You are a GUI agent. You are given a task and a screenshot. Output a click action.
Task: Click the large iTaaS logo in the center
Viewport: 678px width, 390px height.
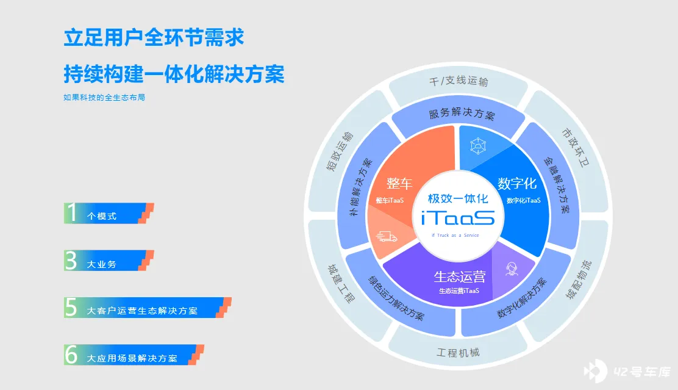(x=458, y=218)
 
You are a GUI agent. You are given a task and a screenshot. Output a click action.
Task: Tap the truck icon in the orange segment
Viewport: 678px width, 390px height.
(x=387, y=236)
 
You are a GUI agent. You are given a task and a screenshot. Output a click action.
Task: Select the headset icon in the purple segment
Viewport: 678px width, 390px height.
(x=512, y=269)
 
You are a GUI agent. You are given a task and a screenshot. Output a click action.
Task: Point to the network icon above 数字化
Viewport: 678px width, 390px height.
(x=478, y=146)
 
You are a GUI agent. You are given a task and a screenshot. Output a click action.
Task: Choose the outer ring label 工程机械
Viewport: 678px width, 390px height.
(x=458, y=353)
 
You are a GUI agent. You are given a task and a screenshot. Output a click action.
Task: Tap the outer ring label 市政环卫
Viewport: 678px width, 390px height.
(x=576, y=148)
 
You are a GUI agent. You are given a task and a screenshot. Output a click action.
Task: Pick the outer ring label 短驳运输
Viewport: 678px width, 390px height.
(x=340, y=151)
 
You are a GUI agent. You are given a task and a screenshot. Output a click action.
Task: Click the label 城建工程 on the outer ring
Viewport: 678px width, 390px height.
(x=341, y=284)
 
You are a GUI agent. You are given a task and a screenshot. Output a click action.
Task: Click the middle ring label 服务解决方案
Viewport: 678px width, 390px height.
(x=462, y=114)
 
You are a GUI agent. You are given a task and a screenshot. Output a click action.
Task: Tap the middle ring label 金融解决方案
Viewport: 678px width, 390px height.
(x=557, y=186)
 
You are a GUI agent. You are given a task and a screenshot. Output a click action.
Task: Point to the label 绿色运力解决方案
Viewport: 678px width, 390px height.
(x=396, y=298)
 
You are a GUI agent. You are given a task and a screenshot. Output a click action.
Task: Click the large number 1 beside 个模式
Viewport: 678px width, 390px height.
(x=72, y=213)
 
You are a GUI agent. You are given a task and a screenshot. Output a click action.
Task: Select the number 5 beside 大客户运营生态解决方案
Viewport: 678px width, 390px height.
(x=71, y=308)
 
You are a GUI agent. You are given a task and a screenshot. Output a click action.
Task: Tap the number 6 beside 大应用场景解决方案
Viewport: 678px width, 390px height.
(x=71, y=355)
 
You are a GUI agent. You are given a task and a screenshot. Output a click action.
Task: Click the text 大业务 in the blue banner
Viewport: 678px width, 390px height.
(x=102, y=264)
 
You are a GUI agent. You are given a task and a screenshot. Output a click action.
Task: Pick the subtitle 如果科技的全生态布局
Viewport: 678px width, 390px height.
(x=104, y=98)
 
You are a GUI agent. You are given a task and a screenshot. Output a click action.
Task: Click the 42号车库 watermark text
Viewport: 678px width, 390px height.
(x=641, y=372)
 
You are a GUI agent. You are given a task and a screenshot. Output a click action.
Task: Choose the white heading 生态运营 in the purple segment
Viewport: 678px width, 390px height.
(x=459, y=276)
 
